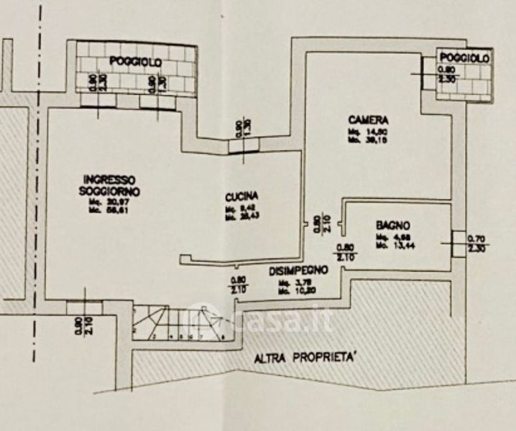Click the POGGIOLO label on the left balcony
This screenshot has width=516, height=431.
(x=136, y=63)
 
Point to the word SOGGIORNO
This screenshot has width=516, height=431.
(x=110, y=191)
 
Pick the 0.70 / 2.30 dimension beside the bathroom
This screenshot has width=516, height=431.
(x=476, y=243)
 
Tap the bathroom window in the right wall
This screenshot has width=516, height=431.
(x=457, y=244)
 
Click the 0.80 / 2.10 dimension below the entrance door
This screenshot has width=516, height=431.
(x=80, y=328)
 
